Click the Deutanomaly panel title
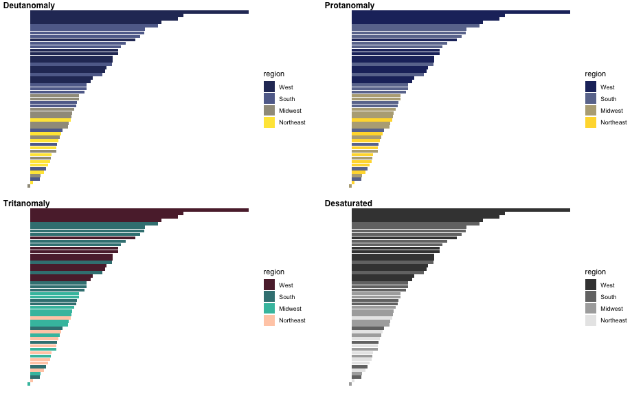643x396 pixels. click(29, 5)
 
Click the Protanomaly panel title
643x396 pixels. click(350, 5)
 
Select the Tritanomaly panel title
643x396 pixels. click(27, 203)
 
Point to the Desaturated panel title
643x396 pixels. click(348, 203)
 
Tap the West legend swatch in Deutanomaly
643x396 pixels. click(269, 87)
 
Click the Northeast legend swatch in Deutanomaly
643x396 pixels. click(269, 122)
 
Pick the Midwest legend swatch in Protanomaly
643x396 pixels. click(591, 111)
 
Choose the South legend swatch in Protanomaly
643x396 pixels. click(591, 99)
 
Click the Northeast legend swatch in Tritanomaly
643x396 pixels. click(269, 320)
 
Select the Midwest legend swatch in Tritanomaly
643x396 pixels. click(269, 309)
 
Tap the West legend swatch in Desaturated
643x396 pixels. click(591, 285)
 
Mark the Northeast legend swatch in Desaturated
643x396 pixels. click(591, 320)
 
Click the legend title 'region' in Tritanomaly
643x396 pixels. click(273, 272)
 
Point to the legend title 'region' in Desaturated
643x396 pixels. click(595, 272)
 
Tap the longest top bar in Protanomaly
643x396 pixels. click(461, 12)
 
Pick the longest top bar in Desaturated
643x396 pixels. click(461, 210)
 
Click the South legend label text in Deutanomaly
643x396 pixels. click(286, 99)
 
